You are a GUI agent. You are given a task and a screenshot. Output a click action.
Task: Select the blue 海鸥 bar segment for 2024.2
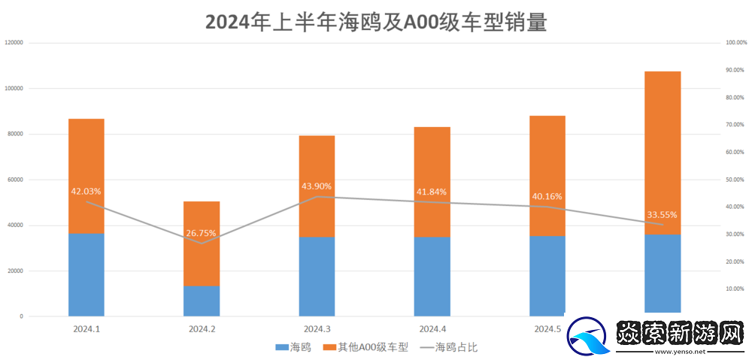[x=202, y=301]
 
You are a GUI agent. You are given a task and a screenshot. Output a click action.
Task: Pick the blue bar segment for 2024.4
[x=432, y=277]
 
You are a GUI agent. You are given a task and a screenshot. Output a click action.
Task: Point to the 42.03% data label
[x=86, y=192]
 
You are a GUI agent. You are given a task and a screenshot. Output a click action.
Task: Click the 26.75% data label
[x=202, y=233]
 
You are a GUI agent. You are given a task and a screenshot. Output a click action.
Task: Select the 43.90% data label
[x=317, y=186]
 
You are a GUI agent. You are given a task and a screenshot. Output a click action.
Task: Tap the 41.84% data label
[x=432, y=192]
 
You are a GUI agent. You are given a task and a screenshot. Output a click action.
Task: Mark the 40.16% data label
[x=547, y=196]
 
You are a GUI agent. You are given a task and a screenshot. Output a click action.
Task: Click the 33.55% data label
[x=662, y=214]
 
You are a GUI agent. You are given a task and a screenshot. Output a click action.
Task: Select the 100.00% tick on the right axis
[x=735, y=43]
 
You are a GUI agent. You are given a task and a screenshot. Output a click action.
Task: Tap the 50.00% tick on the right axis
[x=734, y=180]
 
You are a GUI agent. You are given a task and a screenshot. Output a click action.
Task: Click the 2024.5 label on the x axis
[x=547, y=329]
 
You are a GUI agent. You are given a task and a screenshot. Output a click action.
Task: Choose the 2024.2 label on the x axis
[x=202, y=329]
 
